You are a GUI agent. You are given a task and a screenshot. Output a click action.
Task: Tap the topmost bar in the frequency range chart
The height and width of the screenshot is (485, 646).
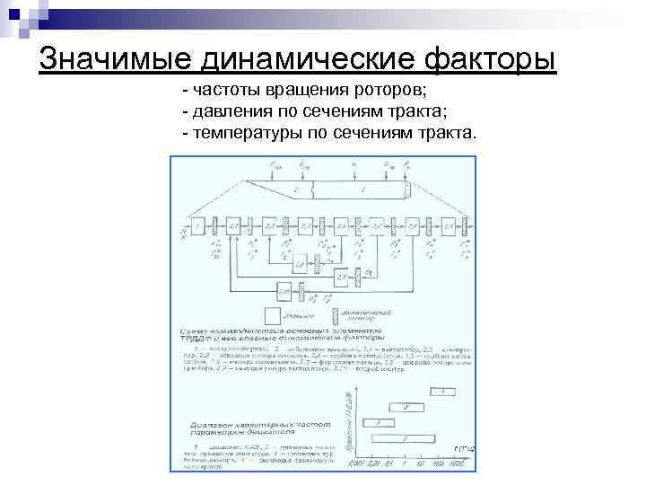[441, 392]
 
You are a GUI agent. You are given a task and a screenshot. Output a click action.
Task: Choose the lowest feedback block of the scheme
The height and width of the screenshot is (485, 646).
[284, 291]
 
